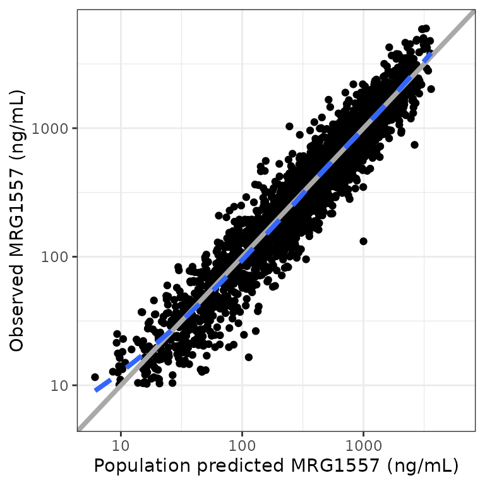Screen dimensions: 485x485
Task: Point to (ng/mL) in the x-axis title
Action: click(x=422, y=465)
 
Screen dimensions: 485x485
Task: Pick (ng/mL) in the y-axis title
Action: click(x=17, y=125)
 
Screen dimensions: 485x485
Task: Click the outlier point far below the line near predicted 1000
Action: click(x=363, y=241)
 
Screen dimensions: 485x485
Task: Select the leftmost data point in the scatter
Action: click(x=95, y=377)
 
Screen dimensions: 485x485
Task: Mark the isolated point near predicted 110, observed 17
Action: click(x=249, y=357)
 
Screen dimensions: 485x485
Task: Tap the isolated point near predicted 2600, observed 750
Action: click(x=414, y=145)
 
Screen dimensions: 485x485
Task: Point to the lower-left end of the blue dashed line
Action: click(x=96, y=390)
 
